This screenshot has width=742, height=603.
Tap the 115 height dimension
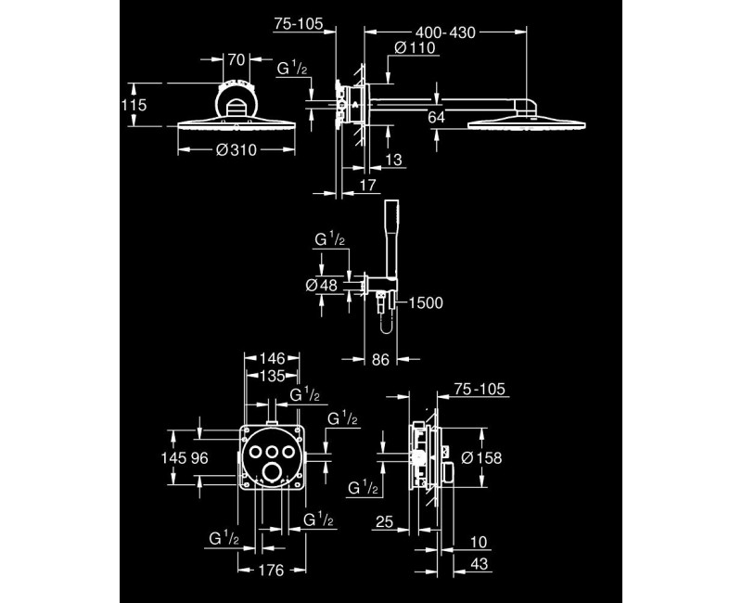134,106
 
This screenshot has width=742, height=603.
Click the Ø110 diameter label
412,49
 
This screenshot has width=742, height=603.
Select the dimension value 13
394,161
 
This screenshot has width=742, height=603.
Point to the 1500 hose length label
426,302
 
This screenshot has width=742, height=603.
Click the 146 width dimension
272,358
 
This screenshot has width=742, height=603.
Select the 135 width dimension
272,376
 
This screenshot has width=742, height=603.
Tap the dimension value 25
386,521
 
